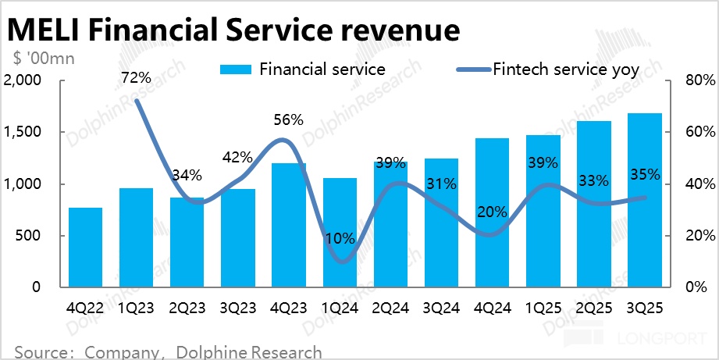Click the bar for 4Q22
point(85,248)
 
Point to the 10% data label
point(340,239)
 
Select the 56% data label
point(288,119)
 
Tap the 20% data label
point(493,212)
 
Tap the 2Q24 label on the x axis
point(390,308)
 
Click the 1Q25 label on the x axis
point(543,308)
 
